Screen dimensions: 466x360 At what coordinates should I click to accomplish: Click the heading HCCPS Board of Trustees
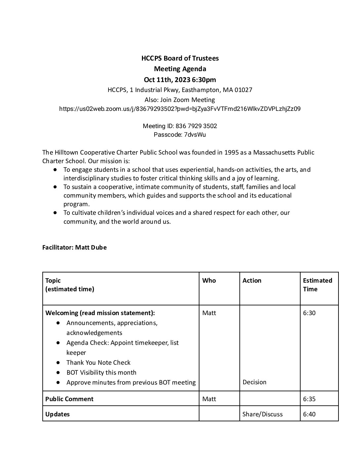pos(180,58)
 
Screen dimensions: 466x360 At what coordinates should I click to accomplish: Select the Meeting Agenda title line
pos(180,69)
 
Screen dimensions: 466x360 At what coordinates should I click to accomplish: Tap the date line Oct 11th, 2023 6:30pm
pos(180,79)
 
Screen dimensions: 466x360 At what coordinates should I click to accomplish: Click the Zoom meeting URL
pos(180,109)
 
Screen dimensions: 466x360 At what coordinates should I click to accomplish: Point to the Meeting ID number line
pos(180,126)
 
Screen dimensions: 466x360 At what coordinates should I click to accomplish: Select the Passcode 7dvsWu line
pos(180,135)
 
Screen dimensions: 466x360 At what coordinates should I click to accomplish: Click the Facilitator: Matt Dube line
pos(74,247)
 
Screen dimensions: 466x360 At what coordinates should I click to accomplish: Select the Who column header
pos(209,280)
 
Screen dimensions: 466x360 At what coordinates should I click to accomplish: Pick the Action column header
pos(252,280)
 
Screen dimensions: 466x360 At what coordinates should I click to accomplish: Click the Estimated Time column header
pos(317,285)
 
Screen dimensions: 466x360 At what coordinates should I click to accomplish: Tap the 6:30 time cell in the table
pos(309,313)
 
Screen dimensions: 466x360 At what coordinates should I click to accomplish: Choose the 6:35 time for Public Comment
pos(309,399)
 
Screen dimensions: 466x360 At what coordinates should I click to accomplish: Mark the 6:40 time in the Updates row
pos(309,414)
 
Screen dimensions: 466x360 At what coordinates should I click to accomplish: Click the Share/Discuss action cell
pos(263,414)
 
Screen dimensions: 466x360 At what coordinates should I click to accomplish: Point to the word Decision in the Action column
pos(254,382)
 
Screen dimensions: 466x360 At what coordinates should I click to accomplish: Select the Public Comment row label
pos(69,399)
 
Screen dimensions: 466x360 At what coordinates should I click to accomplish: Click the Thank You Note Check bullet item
pos(98,362)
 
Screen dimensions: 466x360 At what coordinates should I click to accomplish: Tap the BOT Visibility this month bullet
pos(101,372)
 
